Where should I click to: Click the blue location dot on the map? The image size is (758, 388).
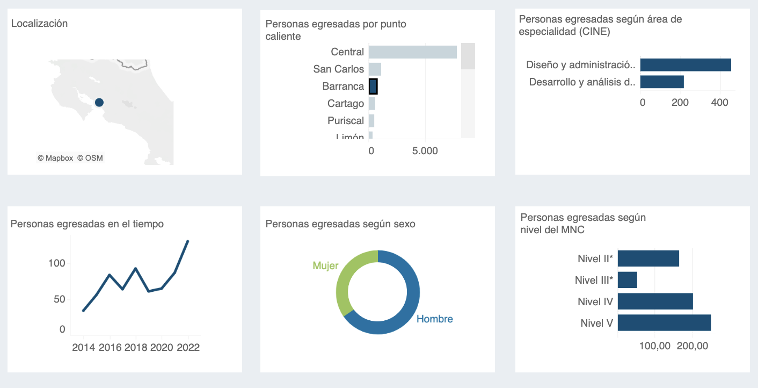pos(99,102)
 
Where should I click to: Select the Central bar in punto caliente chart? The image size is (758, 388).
pos(412,52)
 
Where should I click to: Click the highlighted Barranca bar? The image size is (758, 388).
pos(373,86)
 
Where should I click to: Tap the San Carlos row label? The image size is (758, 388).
pos(338,69)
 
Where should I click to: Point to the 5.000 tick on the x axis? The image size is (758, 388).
pos(425,151)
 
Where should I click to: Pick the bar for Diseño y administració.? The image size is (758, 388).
pos(685,65)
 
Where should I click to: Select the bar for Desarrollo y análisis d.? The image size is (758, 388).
pos(661,82)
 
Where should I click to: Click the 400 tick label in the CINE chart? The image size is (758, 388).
pos(719,102)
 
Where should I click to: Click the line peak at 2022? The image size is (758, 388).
pos(187,241)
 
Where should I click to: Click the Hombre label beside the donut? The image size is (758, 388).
pos(434,319)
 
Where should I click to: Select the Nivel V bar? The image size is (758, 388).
pos(664,323)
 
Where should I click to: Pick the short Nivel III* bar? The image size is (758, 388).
pos(627,280)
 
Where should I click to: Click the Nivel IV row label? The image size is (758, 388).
pos(595,301)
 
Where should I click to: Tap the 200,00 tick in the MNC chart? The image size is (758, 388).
pos(692,346)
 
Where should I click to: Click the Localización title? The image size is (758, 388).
pos(39,23)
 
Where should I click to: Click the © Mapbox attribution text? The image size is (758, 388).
pos(55,158)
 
